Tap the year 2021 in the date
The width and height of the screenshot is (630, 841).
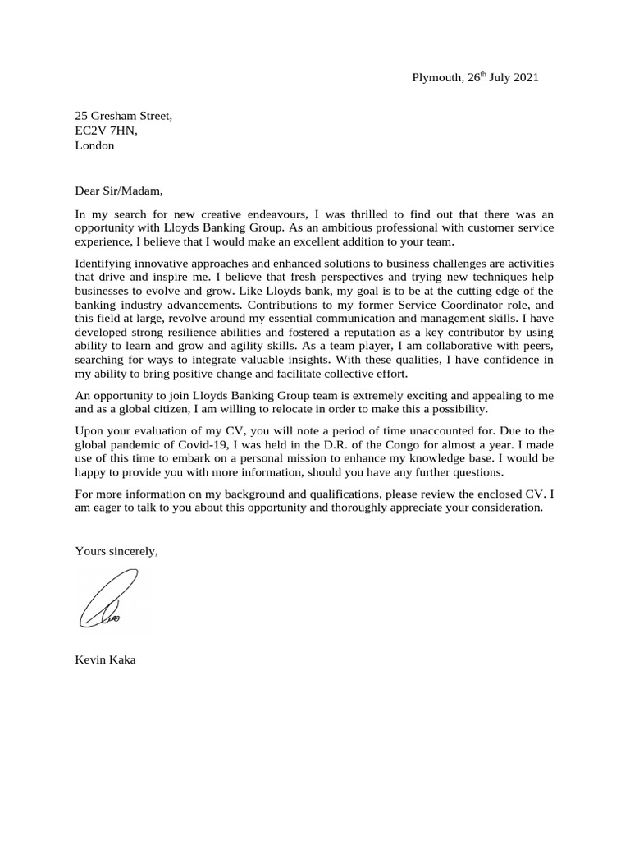click(x=525, y=78)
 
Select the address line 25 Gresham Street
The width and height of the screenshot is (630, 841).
click(x=124, y=116)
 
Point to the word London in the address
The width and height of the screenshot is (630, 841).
click(x=94, y=145)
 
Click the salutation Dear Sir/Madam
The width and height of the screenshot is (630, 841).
click(x=119, y=191)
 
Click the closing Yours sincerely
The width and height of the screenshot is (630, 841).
click(x=116, y=551)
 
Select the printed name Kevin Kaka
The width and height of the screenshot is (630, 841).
click(x=105, y=659)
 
